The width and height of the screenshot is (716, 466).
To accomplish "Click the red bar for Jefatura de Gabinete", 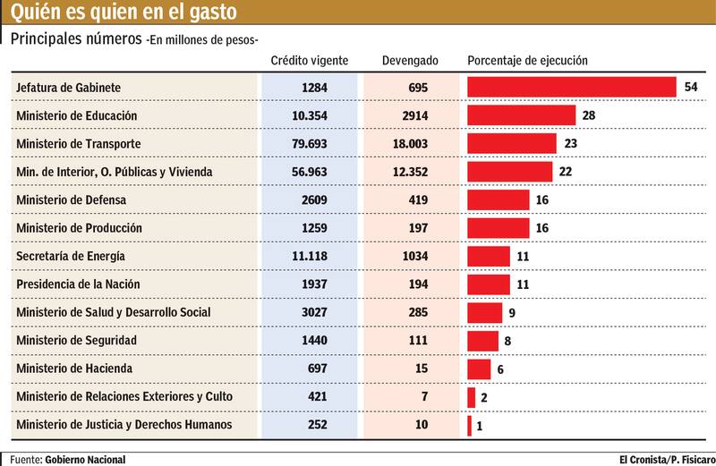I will (571, 87).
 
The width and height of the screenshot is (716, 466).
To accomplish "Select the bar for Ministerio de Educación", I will (521, 115).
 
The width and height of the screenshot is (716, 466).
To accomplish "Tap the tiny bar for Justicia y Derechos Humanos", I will (469, 425).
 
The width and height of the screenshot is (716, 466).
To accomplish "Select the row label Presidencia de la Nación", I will (78, 284).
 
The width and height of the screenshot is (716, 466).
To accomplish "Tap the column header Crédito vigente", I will (310, 61).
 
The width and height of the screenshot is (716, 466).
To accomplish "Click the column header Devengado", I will (410, 61).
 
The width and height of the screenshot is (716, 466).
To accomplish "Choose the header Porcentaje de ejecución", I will (527, 61).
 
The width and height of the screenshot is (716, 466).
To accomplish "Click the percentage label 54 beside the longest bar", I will (690, 87).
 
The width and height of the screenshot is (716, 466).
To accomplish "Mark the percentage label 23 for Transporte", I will (571, 143).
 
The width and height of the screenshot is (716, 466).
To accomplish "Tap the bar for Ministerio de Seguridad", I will (482, 341).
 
